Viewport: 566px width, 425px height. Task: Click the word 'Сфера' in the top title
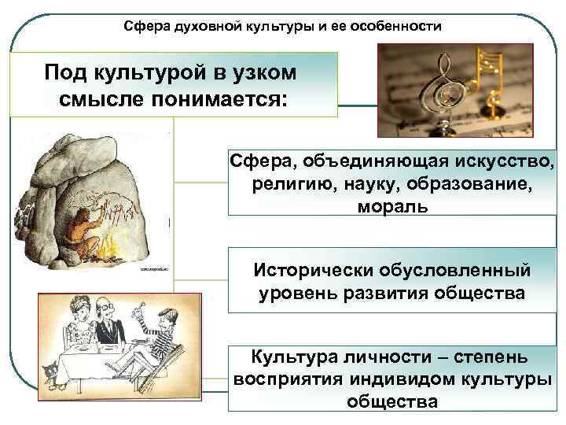point(145,27)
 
